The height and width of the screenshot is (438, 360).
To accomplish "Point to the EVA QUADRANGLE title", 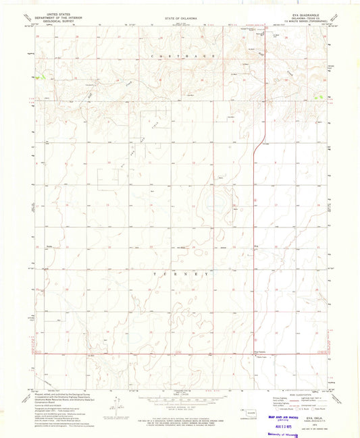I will click(x=309, y=12).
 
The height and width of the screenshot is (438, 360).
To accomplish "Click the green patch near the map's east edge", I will click(x=317, y=97).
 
